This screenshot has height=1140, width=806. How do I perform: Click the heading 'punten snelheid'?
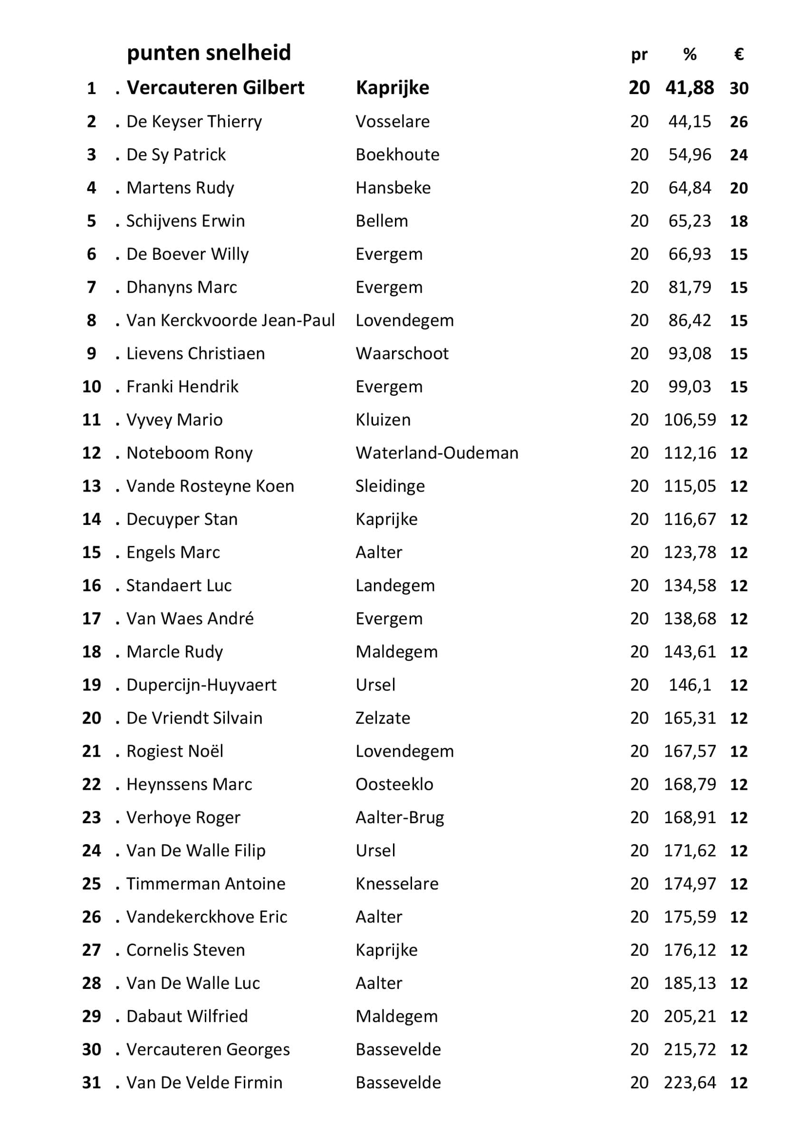(209, 53)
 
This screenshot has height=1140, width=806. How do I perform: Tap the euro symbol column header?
(739, 54)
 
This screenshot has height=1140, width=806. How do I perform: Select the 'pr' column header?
(639, 55)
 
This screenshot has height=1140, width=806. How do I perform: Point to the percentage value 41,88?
(689, 88)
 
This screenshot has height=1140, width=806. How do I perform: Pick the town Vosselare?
(393, 122)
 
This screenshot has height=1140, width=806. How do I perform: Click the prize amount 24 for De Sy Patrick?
(739, 155)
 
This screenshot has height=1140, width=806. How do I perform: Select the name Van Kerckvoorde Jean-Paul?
(230, 320)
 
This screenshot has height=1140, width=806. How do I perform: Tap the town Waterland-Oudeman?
(437, 453)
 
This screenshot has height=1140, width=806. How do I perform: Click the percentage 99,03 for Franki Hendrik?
(689, 387)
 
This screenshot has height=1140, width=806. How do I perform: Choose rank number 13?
(91, 486)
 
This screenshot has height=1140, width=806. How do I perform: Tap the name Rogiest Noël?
(175, 751)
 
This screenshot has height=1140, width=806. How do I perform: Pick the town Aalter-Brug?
(399, 817)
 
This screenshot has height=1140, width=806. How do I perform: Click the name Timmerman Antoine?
(206, 884)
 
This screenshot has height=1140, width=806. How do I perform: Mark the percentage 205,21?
(689, 1016)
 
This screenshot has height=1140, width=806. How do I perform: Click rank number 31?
(91, 1083)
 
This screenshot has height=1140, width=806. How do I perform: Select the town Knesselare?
(397, 884)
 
